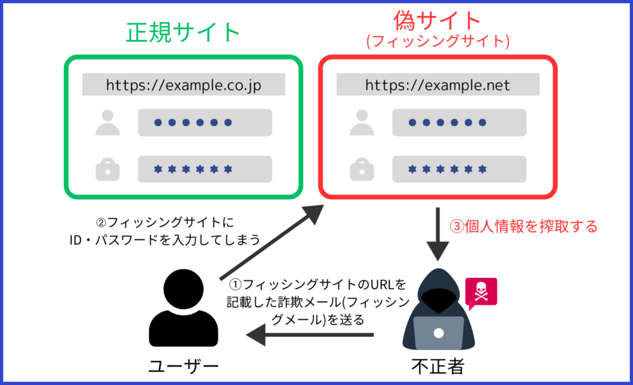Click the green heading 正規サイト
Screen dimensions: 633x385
[x=184, y=32]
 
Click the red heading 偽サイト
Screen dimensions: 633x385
[x=437, y=21]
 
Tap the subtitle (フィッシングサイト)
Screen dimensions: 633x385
[x=437, y=41]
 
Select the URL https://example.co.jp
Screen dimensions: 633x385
[x=184, y=85]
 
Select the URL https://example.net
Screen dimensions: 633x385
[x=437, y=85]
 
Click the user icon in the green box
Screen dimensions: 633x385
[x=108, y=122]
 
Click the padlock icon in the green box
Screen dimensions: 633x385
[x=108, y=169]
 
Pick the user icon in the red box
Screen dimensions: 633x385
[x=361, y=122]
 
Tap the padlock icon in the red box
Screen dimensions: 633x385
[x=361, y=169]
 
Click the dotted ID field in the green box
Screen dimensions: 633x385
[x=205, y=122]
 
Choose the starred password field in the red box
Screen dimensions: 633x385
[x=460, y=169]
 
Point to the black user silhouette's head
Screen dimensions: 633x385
[x=184, y=289]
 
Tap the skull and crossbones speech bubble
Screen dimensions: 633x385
[x=481, y=293]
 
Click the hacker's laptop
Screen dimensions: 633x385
[x=439, y=333]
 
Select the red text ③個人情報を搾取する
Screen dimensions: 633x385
[x=523, y=227]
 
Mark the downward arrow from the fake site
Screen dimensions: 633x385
[x=437, y=234]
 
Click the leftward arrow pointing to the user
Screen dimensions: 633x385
[x=310, y=335]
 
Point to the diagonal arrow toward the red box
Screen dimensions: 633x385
[x=272, y=242]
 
